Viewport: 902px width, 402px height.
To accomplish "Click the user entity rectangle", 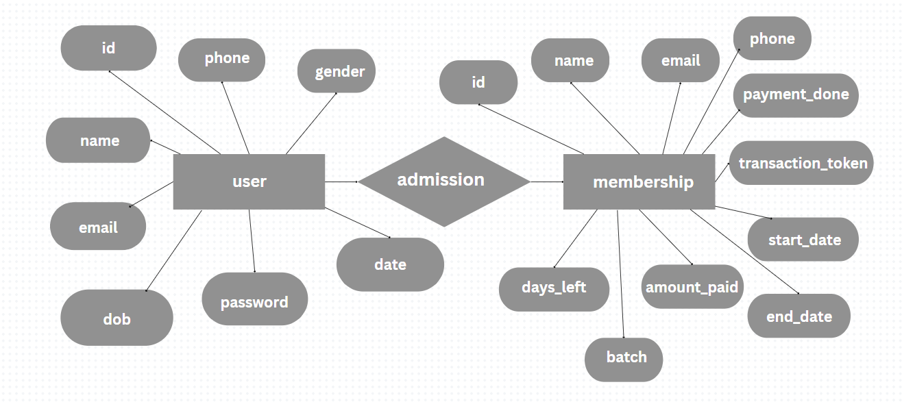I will click(249, 181).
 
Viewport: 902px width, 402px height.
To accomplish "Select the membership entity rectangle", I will click(639, 181).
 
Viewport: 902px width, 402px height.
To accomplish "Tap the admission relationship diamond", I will click(444, 181).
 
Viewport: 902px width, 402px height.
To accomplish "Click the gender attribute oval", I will click(337, 71).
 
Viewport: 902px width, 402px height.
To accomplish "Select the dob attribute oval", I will click(117, 318).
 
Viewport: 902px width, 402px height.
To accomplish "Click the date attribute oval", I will click(390, 264).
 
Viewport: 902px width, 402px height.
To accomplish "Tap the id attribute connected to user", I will click(108, 48).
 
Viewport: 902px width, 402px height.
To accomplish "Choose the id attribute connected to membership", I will click(478, 82).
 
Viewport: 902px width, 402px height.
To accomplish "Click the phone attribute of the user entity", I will click(227, 59).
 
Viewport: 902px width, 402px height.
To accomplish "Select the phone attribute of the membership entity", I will click(772, 39).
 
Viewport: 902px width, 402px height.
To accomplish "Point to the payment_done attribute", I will click(795, 95).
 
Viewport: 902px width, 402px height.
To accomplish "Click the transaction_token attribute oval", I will click(801, 163).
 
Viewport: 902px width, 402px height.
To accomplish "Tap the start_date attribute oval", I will click(803, 240).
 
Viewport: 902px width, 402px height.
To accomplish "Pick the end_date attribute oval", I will click(799, 316).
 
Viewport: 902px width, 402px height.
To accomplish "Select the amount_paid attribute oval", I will click(692, 287).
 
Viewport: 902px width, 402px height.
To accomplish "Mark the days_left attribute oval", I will click(554, 288).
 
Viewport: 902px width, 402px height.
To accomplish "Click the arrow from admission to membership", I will click(546, 181).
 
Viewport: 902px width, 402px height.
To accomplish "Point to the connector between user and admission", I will click(341, 181).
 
